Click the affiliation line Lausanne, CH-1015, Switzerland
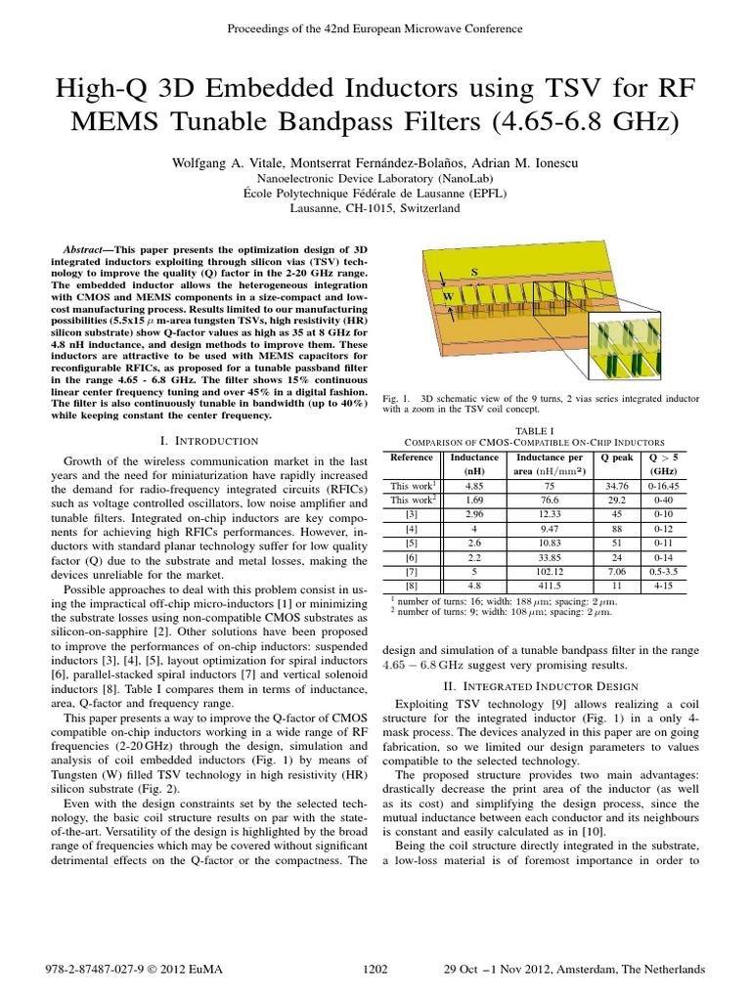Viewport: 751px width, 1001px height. (x=375, y=208)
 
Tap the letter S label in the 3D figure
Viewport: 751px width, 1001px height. (x=474, y=270)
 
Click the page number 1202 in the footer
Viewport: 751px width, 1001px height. (x=375, y=969)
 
